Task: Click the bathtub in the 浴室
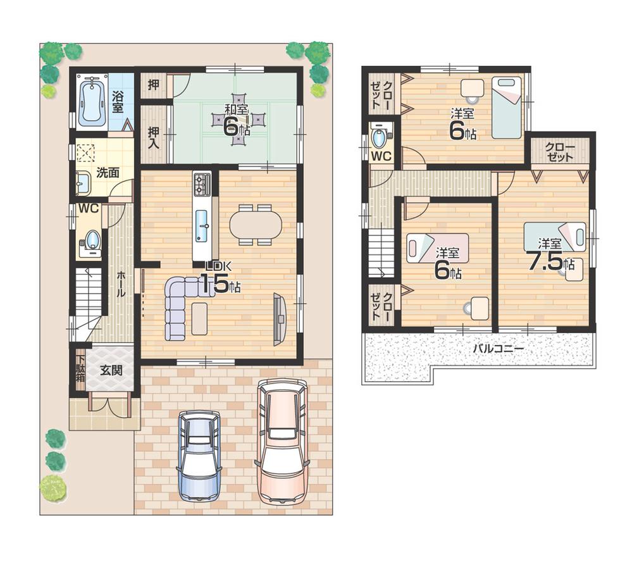[92, 101]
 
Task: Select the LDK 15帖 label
[218, 278]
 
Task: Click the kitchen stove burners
[202, 184]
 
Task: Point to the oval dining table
[256, 225]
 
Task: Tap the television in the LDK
[279, 319]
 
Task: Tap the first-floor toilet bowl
[92, 240]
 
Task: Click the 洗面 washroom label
[108, 172]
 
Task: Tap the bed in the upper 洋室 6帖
[506, 107]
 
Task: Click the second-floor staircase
[381, 254]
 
